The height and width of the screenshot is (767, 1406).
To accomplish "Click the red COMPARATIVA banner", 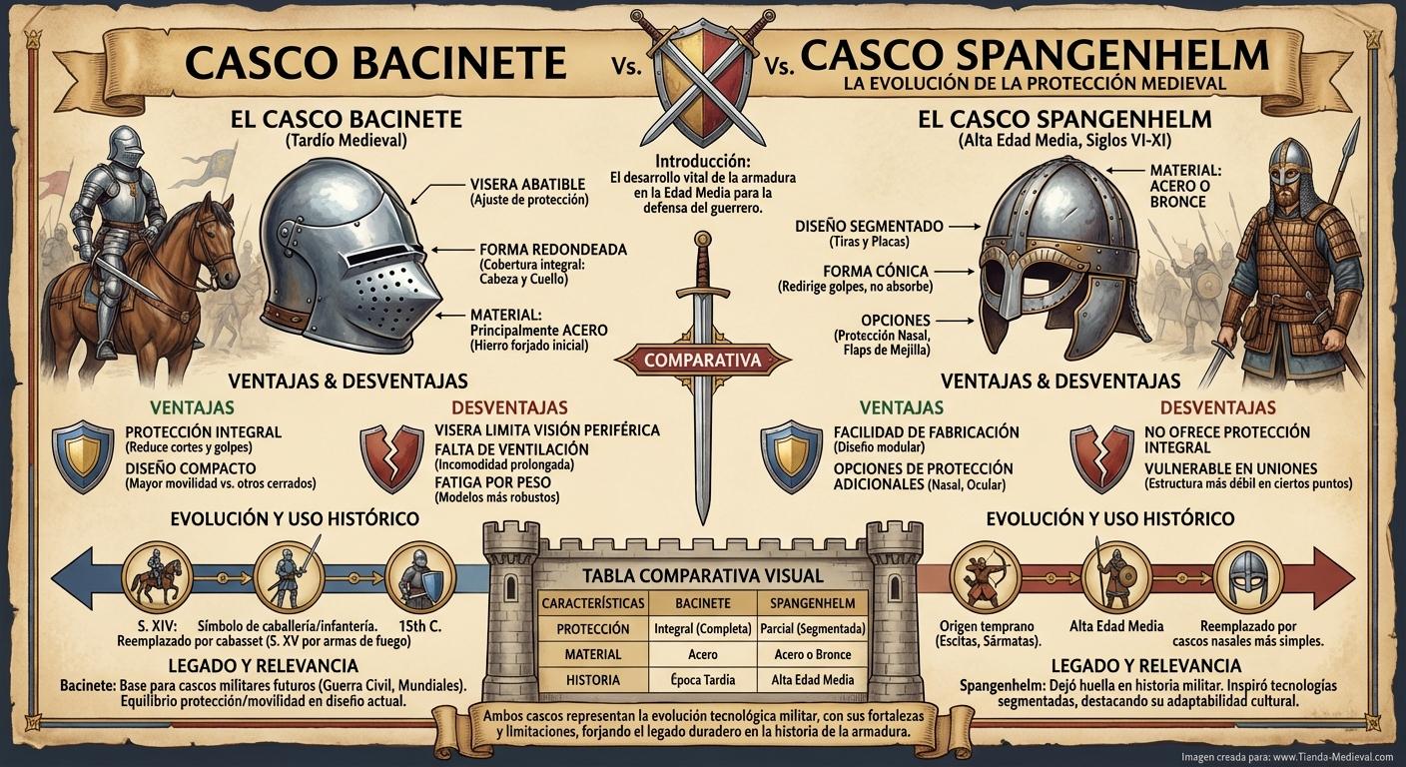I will click(x=702, y=359).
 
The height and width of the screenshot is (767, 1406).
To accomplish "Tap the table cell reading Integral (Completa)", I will click(x=702, y=629).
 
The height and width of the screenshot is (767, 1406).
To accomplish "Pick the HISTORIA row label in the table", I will click(x=592, y=680).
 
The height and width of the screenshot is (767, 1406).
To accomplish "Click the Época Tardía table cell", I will click(x=702, y=680).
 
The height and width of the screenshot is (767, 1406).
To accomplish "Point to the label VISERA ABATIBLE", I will click(x=528, y=184).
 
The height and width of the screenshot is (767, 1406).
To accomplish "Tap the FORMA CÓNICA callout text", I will click(x=875, y=271).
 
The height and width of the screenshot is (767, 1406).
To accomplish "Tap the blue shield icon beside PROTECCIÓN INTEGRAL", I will click(x=83, y=453).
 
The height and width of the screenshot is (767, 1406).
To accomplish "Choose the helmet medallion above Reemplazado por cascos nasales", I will click(x=1246, y=576).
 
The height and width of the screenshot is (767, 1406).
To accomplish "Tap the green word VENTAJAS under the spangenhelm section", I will click(x=902, y=407).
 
